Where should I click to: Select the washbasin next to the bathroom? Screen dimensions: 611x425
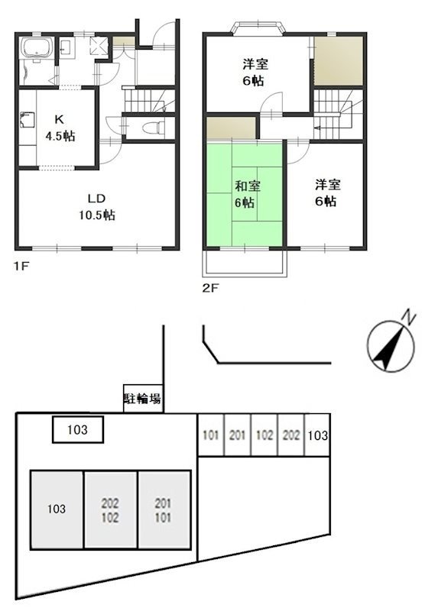click(65, 50)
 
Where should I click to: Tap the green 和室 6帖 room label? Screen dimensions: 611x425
click(245, 194)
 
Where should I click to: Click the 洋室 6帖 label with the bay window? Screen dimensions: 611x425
click(255, 73)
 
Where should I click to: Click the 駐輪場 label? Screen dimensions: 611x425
click(142, 399)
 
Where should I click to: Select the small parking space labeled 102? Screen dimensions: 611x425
click(264, 436)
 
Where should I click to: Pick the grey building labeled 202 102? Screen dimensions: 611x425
click(110, 509)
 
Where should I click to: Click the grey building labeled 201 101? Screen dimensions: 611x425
click(164, 509)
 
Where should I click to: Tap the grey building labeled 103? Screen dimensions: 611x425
click(56, 509)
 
